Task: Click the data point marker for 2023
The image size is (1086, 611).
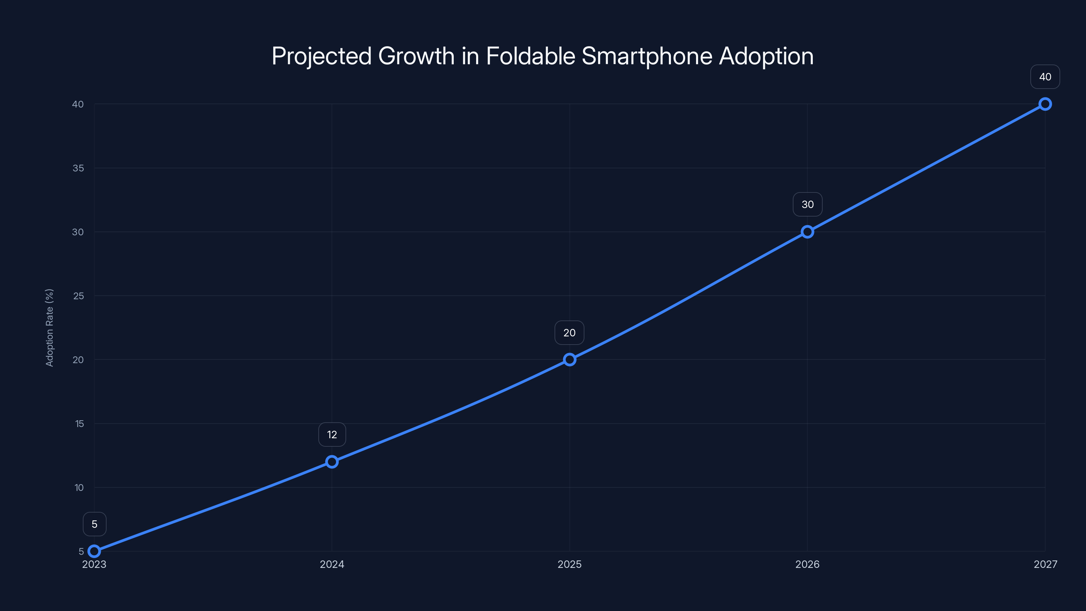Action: point(94,551)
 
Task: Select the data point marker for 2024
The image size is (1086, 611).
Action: point(332,462)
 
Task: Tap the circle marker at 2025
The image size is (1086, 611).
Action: point(569,360)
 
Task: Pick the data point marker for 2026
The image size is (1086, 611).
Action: point(807,232)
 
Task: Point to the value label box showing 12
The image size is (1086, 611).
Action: point(332,435)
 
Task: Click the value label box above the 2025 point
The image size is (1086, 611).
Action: point(569,333)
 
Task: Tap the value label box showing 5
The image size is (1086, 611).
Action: point(94,524)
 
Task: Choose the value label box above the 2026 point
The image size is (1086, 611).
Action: point(807,204)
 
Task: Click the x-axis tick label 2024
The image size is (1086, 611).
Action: point(332,564)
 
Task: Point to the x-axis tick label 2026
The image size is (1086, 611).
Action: point(807,564)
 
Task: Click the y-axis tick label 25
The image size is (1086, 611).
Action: point(78,296)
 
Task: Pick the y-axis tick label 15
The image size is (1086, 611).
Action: point(79,424)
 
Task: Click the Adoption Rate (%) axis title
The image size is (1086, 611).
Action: point(49,328)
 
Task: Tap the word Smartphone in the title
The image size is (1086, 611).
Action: point(647,56)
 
